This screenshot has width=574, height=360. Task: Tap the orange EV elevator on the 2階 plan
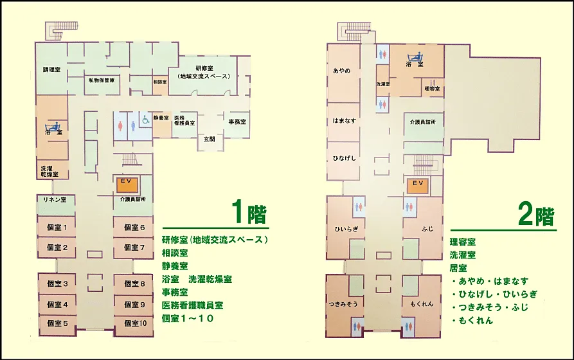[418, 186]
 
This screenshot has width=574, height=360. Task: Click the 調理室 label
[51, 69]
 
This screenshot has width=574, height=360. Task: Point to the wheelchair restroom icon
[146, 120]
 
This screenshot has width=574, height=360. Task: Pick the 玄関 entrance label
[209, 139]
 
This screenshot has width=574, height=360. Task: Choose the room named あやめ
[343, 73]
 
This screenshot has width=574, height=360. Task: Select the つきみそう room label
[343, 304]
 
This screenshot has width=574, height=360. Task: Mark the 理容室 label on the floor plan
[433, 89]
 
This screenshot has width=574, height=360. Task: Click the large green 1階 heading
[249, 212]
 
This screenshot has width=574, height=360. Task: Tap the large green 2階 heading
[536, 215]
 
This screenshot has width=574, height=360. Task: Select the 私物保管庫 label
[102, 80]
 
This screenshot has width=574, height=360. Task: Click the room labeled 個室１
[57, 227]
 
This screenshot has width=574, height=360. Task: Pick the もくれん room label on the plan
[422, 304]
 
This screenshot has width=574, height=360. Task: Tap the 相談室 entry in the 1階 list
[175, 253]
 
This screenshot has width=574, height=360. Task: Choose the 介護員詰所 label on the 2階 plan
[423, 122]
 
